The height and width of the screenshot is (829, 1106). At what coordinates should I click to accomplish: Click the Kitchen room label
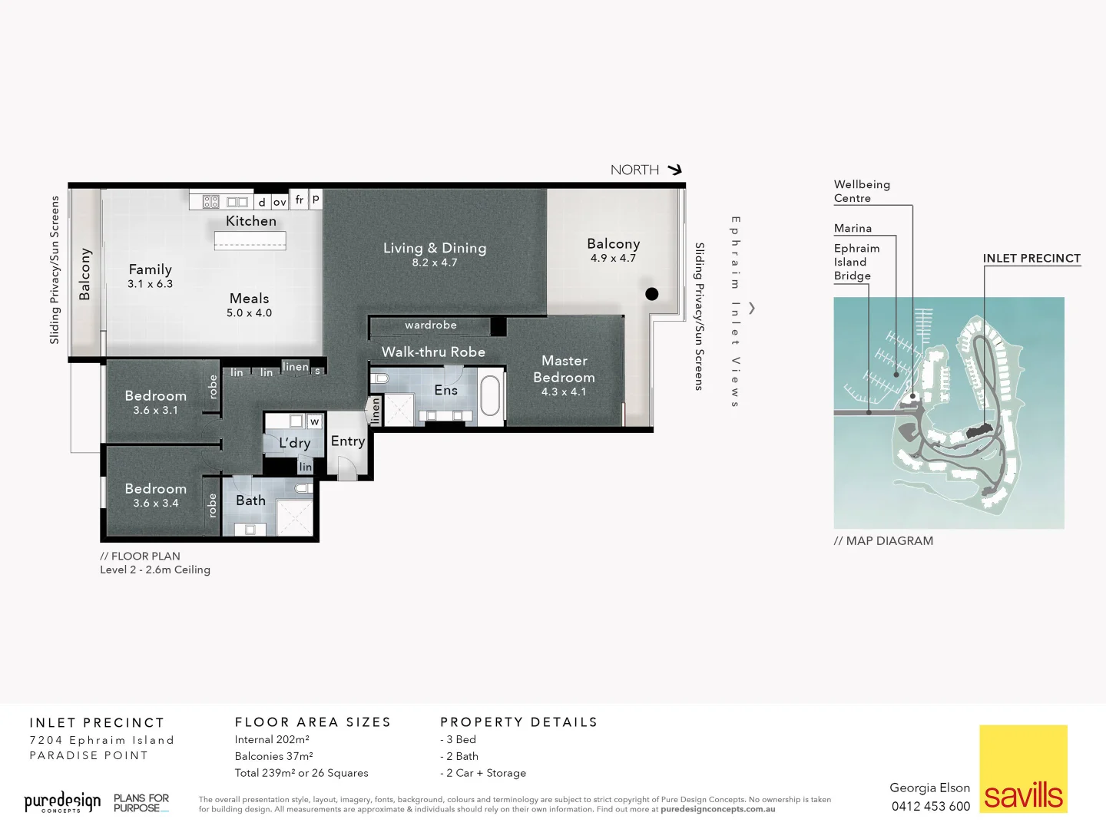click(x=250, y=221)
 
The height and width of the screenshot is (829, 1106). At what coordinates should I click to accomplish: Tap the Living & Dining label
click(x=434, y=248)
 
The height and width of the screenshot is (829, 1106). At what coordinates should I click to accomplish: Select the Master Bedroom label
click(x=564, y=369)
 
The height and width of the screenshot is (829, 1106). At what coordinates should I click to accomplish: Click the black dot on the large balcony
click(x=652, y=293)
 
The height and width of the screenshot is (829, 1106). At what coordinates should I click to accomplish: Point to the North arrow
click(x=674, y=170)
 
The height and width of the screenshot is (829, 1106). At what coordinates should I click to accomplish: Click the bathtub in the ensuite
click(x=490, y=395)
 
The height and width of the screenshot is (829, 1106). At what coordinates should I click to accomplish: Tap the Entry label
click(x=347, y=441)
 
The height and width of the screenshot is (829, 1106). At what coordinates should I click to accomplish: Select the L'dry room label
click(x=294, y=443)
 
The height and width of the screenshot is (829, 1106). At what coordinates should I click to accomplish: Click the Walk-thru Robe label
click(x=433, y=352)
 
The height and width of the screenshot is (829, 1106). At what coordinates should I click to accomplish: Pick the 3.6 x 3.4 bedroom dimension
click(x=155, y=504)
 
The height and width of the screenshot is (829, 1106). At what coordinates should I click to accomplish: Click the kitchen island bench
click(x=250, y=241)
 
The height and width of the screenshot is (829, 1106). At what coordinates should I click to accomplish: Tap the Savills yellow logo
click(x=1023, y=768)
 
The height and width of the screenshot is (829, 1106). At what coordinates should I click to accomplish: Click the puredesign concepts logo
click(x=62, y=802)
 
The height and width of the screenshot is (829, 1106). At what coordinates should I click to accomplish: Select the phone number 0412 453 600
click(x=930, y=806)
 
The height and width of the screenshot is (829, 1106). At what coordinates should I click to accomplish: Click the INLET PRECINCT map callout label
click(x=1031, y=259)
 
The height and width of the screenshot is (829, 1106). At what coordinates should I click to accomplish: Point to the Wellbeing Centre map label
click(x=862, y=191)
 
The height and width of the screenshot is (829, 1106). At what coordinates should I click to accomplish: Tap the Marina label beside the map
click(x=853, y=229)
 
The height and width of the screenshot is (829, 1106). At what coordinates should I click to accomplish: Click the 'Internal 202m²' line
click(x=272, y=740)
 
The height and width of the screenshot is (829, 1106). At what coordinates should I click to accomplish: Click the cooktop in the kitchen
click(x=211, y=202)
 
